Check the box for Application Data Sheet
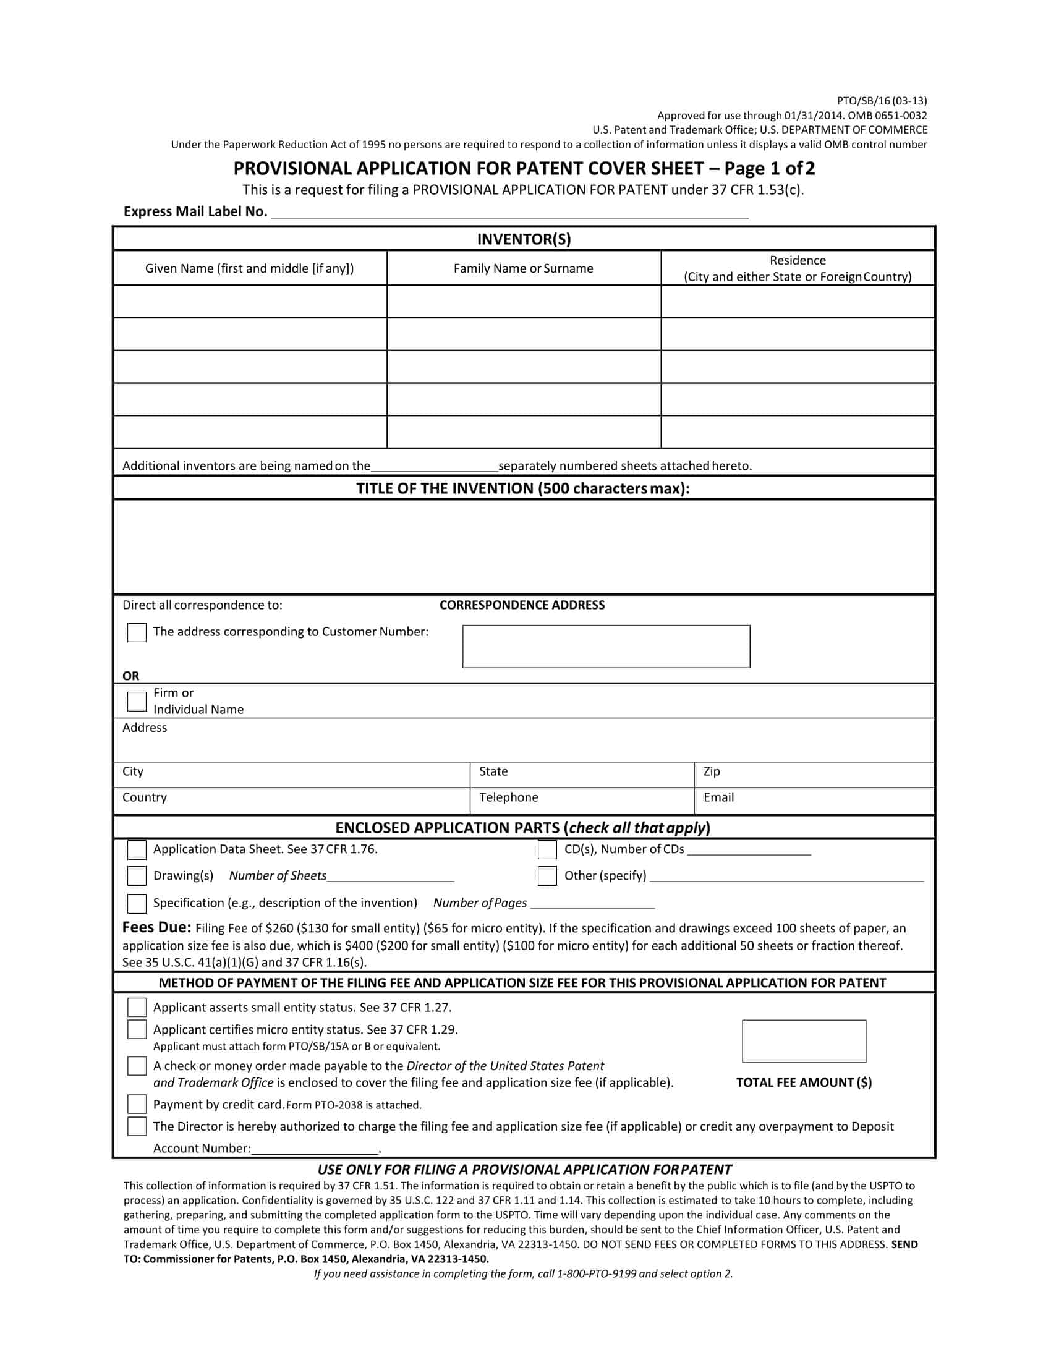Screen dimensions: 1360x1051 [137, 850]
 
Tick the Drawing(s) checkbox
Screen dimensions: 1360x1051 [137, 876]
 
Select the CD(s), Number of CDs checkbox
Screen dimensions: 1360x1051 [547, 850]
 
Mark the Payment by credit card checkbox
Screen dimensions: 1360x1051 [137, 1104]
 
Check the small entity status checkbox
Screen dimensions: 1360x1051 [137, 1008]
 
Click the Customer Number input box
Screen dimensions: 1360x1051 [606, 647]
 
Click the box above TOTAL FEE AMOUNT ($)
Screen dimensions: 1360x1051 [803, 1041]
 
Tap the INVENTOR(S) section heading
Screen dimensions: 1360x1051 [524, 239]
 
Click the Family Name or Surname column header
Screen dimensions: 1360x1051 [523, 268]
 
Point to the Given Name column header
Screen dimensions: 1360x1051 [249, 268]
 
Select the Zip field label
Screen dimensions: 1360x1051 [711, 771]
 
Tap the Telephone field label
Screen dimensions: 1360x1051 [508, 797]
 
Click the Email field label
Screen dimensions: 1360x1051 [718, 797]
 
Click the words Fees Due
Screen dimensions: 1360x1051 [156, 927]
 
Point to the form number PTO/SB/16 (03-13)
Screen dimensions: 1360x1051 [882, 101]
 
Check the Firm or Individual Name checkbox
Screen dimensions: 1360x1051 [137, 701]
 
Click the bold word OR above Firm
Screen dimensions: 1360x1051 [130, 676]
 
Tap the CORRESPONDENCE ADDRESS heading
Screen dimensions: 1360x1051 [522, 605]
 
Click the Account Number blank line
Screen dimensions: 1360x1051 [315, 1149]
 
